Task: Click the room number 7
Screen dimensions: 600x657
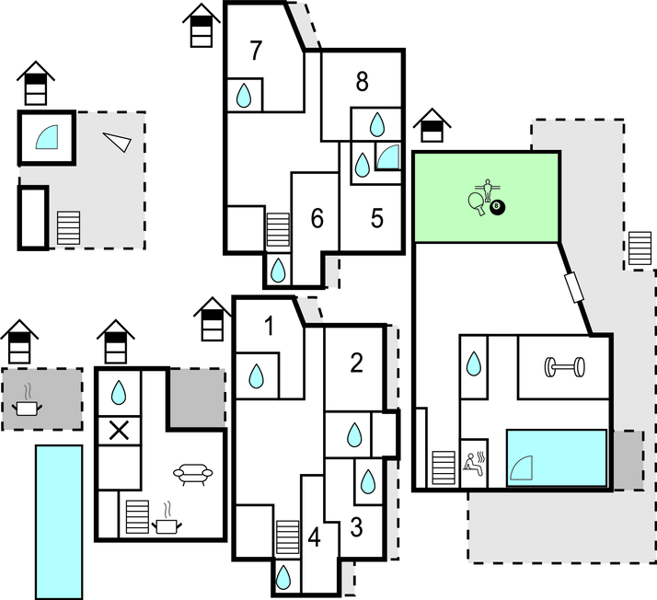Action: [256, 52]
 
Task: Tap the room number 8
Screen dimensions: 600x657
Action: [362, 82]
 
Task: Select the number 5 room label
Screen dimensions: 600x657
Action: [377, 218]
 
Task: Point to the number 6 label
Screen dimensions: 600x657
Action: [317, 219]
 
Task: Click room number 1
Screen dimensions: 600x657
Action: [269, 326]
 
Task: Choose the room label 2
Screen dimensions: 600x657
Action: [356, 363]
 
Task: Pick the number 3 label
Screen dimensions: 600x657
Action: [356, 528]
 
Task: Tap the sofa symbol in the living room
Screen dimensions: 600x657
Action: [192, 474]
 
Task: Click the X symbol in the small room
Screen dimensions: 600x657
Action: [119, 429]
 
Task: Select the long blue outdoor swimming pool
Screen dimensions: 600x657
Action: [59, 521]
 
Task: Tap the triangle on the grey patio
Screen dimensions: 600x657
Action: [118, 140]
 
